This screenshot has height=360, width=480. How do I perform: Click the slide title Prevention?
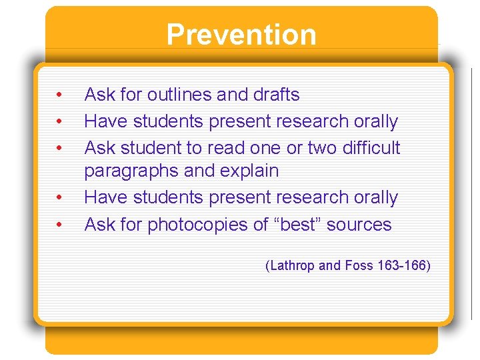tap(241, 35)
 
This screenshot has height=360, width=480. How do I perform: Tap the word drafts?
tap(276, 95)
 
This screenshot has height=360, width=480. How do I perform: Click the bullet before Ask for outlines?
tap(59, 95)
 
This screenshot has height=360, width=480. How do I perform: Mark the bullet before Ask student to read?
tap(59, 148)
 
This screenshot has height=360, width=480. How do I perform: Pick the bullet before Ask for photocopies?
tap(59, 225)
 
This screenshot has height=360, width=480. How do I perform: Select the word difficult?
tap(370, 147)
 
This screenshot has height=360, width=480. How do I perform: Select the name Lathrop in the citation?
tap(294, 265)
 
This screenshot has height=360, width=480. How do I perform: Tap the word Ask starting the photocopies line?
tap(100, 225)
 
